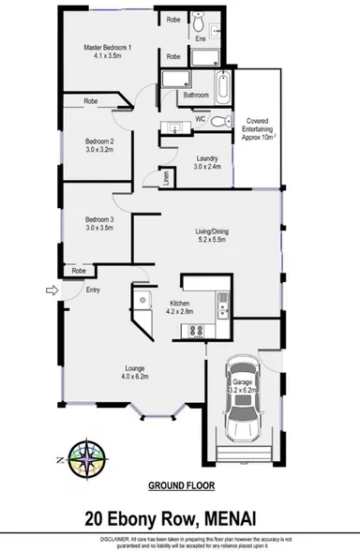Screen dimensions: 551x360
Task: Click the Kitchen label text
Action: tap(180, 305)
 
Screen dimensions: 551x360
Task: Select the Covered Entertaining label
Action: tap(259, 128)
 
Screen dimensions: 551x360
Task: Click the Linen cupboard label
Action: tap(167, 177)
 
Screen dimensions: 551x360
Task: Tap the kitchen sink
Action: tap(222, 302)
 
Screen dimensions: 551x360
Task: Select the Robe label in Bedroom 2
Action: tap(90, 100)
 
